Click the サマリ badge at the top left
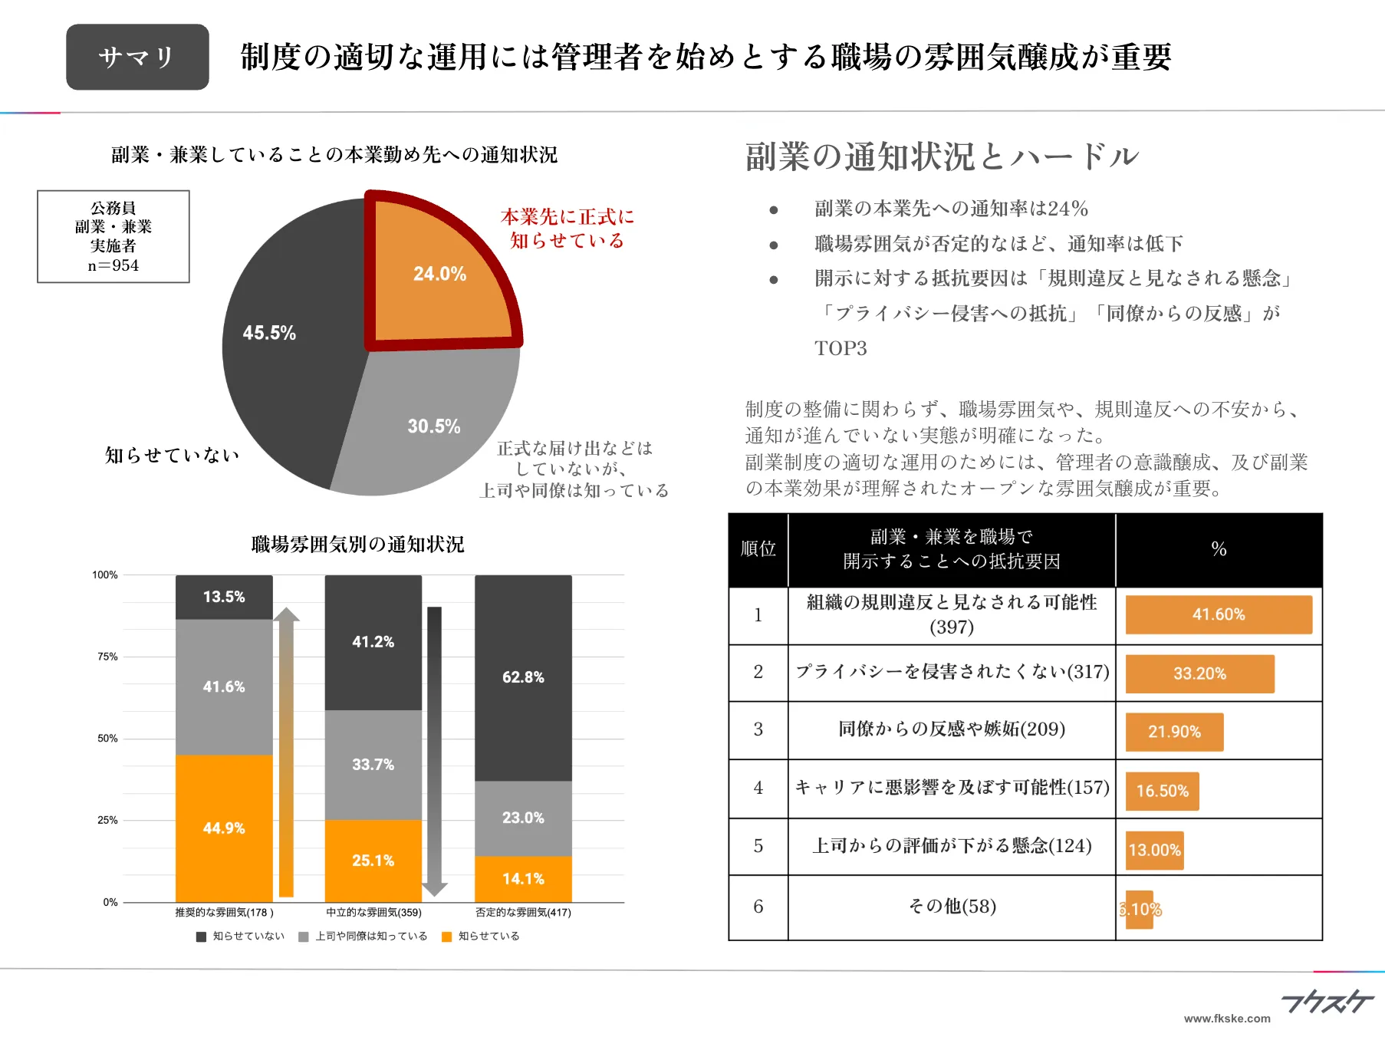tap(137, 57)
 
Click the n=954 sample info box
tap(113, 236)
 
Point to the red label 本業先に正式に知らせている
tap(567, 228)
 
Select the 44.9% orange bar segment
tap(224, 828)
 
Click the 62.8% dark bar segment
tap(523, 677)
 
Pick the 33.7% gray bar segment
tap(373, 764)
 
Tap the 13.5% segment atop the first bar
tap(224, 597)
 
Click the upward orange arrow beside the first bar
tap(286, 752)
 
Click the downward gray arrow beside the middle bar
tap(434, 752)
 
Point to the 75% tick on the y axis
tap(107, 657)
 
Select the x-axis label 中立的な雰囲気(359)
tap(373, 912)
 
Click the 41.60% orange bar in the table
tap(1218, 614)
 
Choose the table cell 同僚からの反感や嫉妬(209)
tap(951, 729)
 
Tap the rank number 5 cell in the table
tap(758, 846)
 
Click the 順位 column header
tap(758, 548)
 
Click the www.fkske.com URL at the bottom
tap(1226, 1019)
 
